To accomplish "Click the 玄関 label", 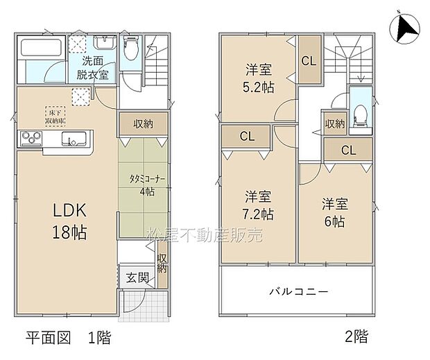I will [137, 278].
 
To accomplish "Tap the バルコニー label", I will [299, 291].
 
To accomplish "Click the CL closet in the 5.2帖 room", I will [309, 60].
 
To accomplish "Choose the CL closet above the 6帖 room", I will [349, 150].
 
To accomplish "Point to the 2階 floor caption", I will [357, 338].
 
